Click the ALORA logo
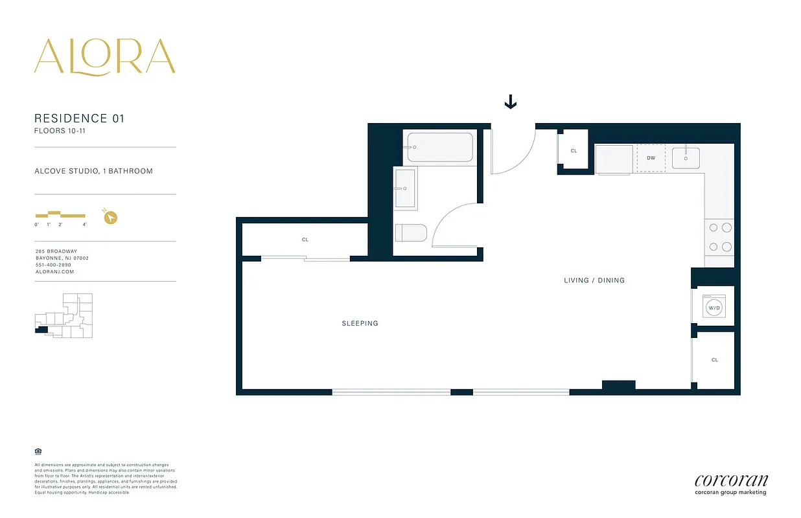105,56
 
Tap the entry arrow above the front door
511,102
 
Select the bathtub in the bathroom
440,148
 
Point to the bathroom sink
405,188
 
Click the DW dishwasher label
651,157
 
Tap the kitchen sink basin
686,157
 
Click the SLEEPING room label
360,323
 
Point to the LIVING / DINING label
594,280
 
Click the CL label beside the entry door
574,151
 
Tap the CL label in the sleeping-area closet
305,240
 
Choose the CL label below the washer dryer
715,360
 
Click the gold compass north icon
111,217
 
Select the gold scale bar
60,214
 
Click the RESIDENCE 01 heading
79,118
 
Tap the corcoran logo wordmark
731,480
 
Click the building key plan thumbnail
64,315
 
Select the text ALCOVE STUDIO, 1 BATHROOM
94,171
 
